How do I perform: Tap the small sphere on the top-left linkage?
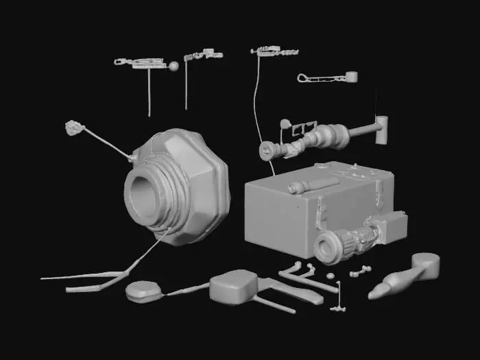pos(173,67)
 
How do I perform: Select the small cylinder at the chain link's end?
pos(351,76)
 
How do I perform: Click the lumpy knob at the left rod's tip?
pos(73,127)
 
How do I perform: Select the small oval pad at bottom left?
pos(144,292)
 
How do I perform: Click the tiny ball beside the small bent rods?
pos(330,276)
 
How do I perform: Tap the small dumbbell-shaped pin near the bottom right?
pos(359,272)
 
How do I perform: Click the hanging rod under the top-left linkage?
pos(149,93)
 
